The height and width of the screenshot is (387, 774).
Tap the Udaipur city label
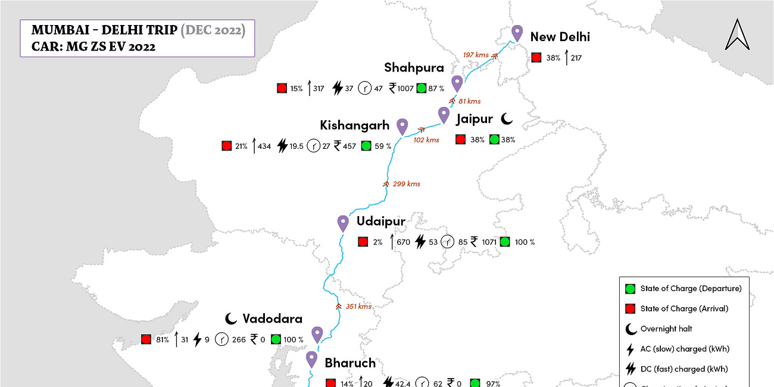[x=381, y=221]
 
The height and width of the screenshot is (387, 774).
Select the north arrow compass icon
[x=737, y=35]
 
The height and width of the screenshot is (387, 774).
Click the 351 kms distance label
[x=358, y=307]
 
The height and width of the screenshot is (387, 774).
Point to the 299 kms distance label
[x=407, y=184]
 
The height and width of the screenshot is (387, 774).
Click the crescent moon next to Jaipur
[x=507, y=119]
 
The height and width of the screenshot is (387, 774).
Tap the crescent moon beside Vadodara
[x=232, y=319]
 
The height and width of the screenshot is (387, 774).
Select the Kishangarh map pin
[x=402, y=126]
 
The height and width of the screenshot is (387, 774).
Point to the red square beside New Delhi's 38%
[x=536, y=58]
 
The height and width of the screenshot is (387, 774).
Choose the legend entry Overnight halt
[x=666, y=329]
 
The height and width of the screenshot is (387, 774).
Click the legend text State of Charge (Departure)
[x=691, y=288]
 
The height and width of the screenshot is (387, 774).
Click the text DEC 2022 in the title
[x=213, y=30]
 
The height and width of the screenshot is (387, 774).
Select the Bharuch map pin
[x=312, y=360]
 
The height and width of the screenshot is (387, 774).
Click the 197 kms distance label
[x=476, y=55]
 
